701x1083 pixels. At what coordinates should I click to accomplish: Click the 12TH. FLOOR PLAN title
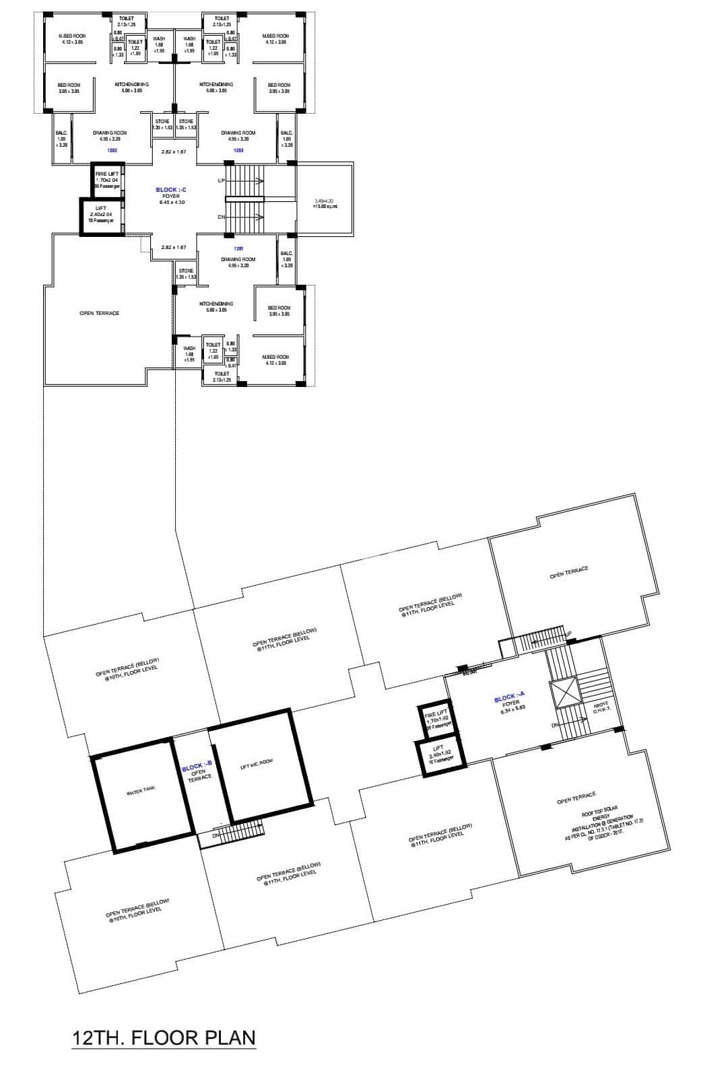pos(164,1037)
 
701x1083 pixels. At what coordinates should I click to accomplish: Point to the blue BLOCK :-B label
pos(197,767)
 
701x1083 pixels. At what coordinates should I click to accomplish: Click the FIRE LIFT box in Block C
pos(107,180)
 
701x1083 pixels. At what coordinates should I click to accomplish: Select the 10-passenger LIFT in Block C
pos(101,215)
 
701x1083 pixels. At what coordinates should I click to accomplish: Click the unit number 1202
pos(112,150)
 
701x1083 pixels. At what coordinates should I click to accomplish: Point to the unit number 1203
pos(238,150)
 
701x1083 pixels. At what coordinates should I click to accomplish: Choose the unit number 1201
pos(229,249)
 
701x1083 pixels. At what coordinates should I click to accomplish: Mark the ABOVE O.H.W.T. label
pos(601,706)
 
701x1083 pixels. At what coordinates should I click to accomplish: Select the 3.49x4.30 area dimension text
pos(325,203)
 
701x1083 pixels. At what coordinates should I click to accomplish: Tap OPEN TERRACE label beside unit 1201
pos(99,313)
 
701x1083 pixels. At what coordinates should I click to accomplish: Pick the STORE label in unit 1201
pos(186,273)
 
